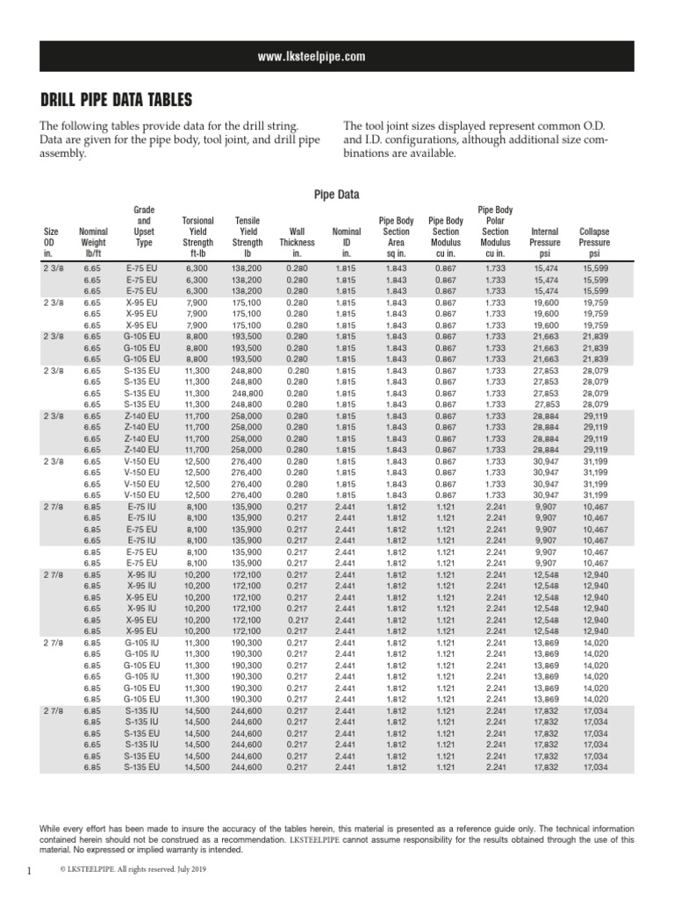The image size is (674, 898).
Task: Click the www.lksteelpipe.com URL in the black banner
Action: pyautogui.click(x=311, y=57)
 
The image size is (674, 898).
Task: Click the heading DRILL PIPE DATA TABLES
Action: pyautogui.click(x=116, y=99)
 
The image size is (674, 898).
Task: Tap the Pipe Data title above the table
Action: pyautogui.click(x=336, y=195)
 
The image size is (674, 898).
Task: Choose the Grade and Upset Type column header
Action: pyautogui.click(x=144, y=226)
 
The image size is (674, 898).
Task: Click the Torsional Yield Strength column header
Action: pyautogui.click(x=197, y=237)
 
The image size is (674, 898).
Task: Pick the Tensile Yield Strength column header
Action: pyautogui.click(x=248, y=237)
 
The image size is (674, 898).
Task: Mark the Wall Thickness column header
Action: pyautogui.click(x=297, y=242)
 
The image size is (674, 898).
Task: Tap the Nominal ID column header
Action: pyautogui.click(x=346, y=242)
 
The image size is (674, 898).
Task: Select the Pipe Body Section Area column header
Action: pyautogui.click(x=396, y=237)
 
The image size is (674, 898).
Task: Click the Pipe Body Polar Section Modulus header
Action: pyautogui.click(x=495, y=232)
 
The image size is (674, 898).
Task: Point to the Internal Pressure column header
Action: pyautogui.click(x=545, y=242)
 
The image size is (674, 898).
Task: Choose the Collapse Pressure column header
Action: pyautogui.click(x=594, y=242)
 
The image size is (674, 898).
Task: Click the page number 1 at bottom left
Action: pyautogui.click(x=29, y=870)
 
